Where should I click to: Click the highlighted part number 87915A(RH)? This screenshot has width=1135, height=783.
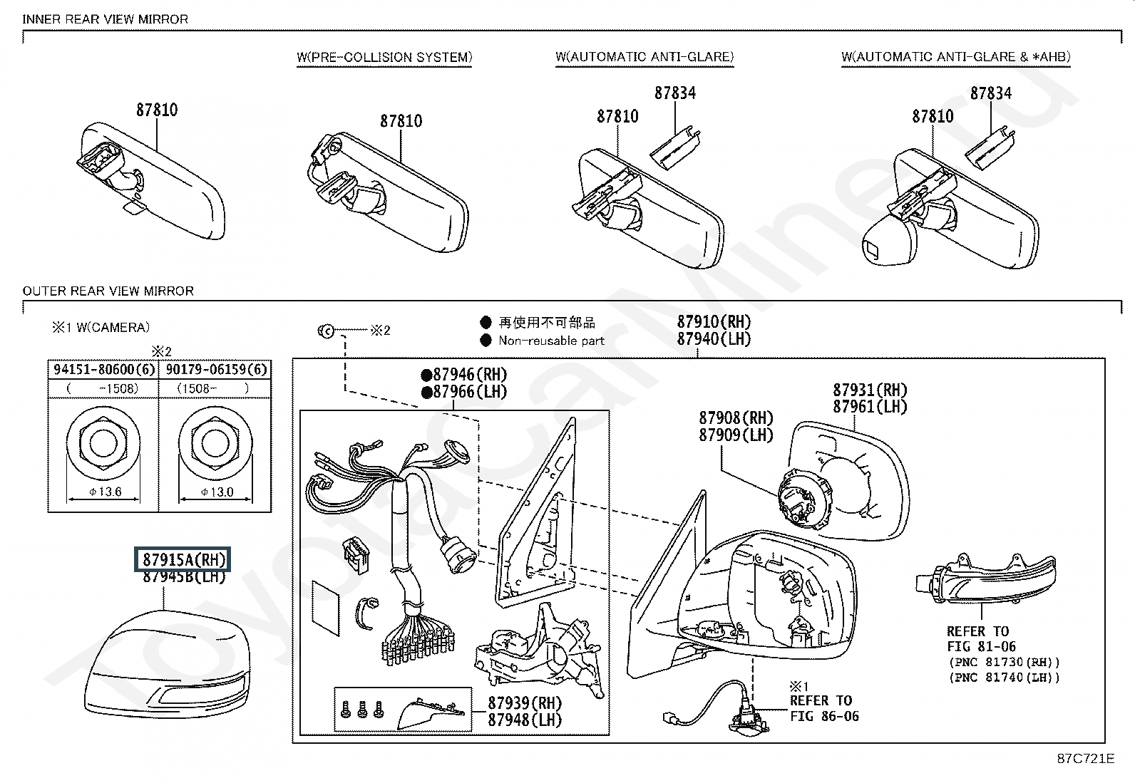click(x=183, y=559)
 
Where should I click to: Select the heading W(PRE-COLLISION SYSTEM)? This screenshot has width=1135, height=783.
click(x=384, y=57)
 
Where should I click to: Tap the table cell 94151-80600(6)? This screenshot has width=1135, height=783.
click(x=104, y=369)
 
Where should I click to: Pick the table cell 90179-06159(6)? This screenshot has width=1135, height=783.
click(x=216, y=369)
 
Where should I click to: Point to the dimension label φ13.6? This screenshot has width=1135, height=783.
click(x=105, y=492)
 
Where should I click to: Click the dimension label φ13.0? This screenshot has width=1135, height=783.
click(x=217, y=492)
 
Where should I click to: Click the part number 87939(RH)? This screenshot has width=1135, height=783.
click(x=525, y=703)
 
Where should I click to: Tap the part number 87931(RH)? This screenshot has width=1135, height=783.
click(x=870, y=390)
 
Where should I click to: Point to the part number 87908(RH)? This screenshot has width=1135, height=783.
click(x=736, y=418)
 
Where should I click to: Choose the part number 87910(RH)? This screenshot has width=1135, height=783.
click(x=714, y=321)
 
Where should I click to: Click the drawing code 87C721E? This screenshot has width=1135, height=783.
click(x=1085, y=758)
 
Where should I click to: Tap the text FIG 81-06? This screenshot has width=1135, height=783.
click(x=982, y=646)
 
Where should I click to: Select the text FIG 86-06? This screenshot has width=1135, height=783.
click(x=824, y=715)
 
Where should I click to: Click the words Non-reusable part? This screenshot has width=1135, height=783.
click(x=551, y=341)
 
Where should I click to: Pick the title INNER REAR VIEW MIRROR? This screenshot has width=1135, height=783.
click(x=105, y=19)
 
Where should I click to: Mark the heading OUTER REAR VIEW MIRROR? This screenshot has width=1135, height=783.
click(x=108, y=291)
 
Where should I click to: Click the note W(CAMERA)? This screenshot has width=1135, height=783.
click(x=113, y=327)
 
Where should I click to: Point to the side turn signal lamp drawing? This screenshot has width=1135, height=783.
click(x=985, y=579)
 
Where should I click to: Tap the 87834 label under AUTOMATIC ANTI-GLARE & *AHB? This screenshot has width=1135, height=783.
click(x=990, y=93)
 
